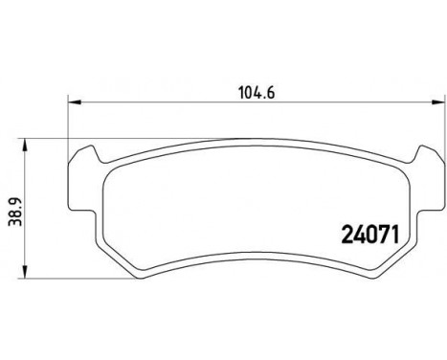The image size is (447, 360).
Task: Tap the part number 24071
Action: (369, 232)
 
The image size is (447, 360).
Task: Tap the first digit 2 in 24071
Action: (348, 232)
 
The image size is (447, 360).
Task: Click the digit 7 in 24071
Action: (380, 232)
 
